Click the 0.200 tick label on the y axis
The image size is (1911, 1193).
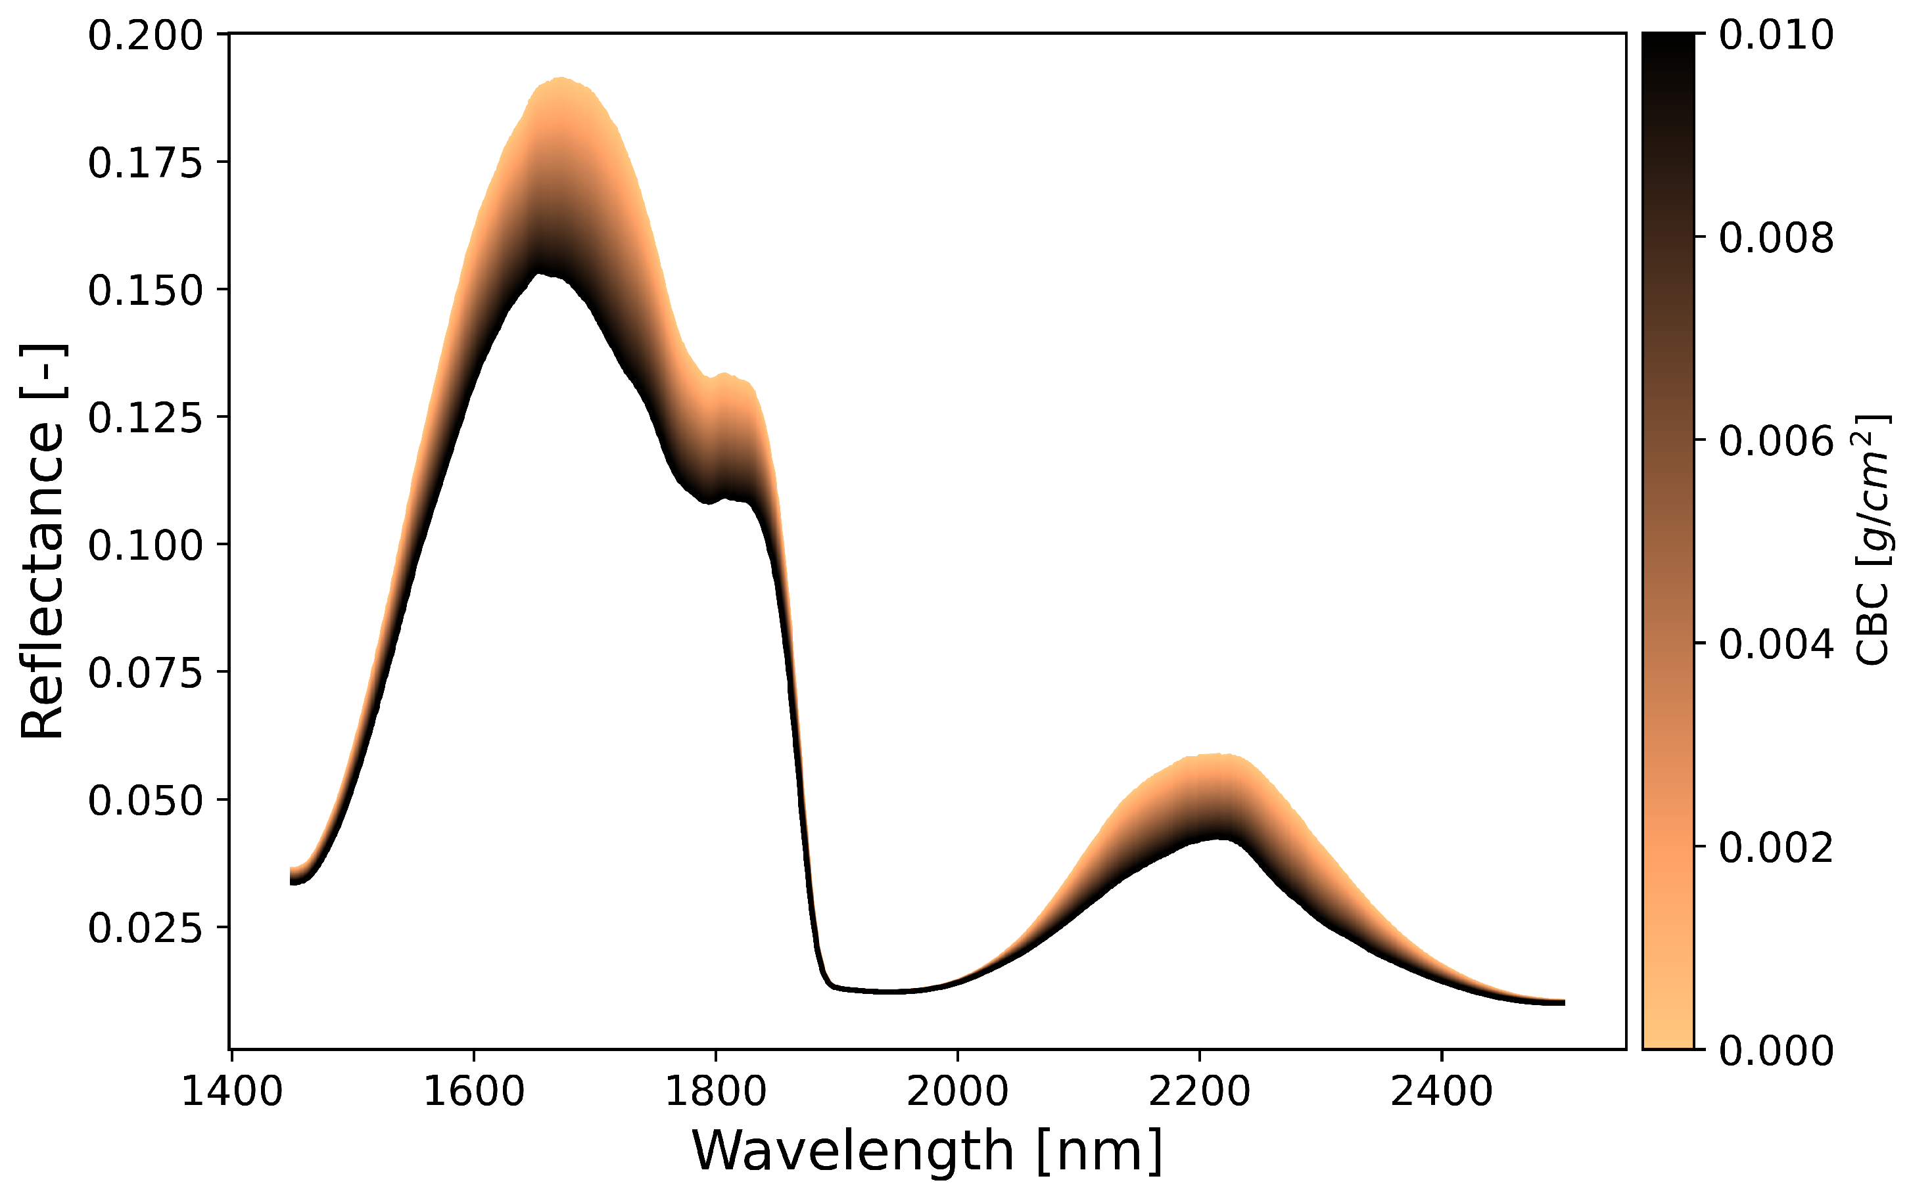tap(145, 36)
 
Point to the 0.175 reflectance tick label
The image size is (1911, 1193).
tap(145, 164)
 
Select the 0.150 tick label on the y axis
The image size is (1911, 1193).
tap(145, 291)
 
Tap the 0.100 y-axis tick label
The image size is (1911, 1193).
tap(145, 546)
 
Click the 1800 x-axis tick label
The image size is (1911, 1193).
tap(715, 1092)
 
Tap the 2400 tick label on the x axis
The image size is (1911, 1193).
tap(1442, 1092)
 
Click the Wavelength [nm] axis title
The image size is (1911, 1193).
tap(927, 1150)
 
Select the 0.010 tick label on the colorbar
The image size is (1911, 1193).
tap(1776, 35)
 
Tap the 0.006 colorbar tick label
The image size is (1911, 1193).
tap(1776, 442)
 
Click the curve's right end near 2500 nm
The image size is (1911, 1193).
tap(1563, 1002)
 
